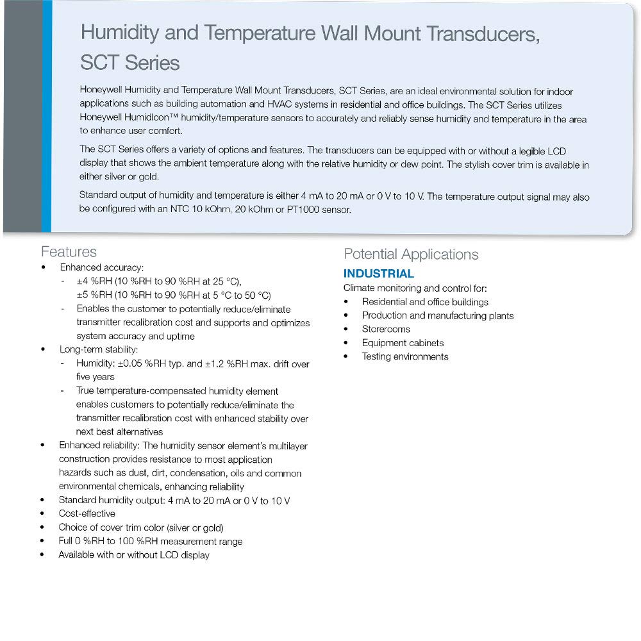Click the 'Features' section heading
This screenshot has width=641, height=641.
(69, 252)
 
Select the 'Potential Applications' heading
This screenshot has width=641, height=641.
(411, 254)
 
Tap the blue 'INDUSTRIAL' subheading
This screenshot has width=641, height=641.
(379, 274)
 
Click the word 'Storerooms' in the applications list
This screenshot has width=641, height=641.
(386, 329)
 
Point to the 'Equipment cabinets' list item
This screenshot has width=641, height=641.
(403, 343)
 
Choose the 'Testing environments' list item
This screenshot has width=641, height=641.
(405, 357)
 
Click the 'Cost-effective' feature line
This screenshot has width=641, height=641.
(87, 513)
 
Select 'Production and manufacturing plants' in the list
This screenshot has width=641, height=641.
(438, 315)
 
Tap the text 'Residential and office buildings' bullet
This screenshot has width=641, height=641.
(425, 302)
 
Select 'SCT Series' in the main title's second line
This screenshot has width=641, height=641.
(130, 63)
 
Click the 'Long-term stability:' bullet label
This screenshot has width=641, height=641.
(99, 350)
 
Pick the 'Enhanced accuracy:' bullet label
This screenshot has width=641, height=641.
(102, 267)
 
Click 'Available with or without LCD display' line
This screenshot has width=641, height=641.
(134, 555)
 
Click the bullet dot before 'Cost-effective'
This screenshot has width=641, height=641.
(43, 513)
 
